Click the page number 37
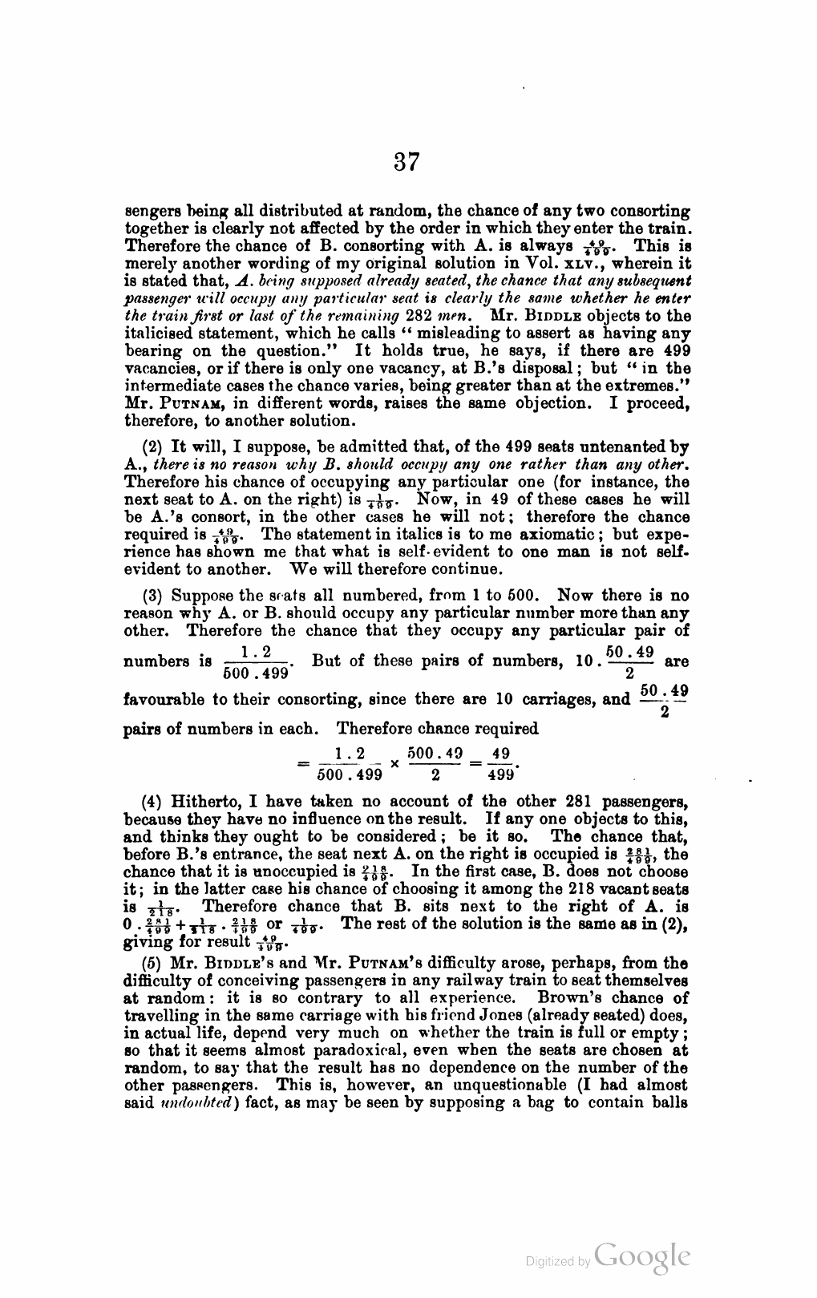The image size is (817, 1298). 406,163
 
